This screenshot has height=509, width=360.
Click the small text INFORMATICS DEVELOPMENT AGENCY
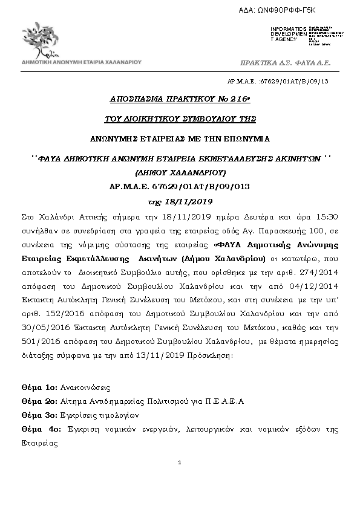pyautogui.click(x=288, y=34)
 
